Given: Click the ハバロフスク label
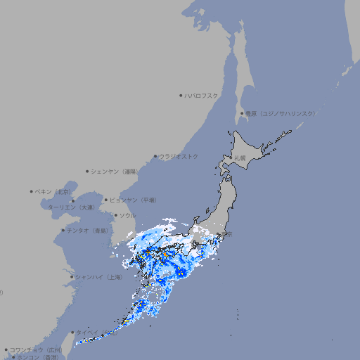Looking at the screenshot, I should click(x=202, y=95).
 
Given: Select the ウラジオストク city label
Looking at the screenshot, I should click(x=179, y=156).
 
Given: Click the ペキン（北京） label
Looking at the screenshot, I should click(x=54, y=191).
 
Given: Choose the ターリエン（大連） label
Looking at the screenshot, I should click(x=71, y=207).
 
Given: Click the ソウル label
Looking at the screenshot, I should click(x=127, y=215).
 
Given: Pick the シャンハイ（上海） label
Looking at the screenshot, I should click(x=98, y=277).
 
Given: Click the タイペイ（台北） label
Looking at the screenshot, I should click(x=96, y=332).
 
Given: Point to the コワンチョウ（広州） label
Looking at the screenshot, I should click(x=36, y=349).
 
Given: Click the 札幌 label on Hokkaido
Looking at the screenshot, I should click(x=240, y=157).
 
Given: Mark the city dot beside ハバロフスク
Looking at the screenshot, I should click(x=181, y=95).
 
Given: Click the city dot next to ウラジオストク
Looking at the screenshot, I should click(x=155, y=156).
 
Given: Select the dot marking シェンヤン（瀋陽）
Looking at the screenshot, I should click(x=87, y=171).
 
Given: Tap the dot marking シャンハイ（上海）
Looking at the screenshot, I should click(x=72, y=277).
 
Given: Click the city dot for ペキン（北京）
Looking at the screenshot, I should click(x=31, y=191).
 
